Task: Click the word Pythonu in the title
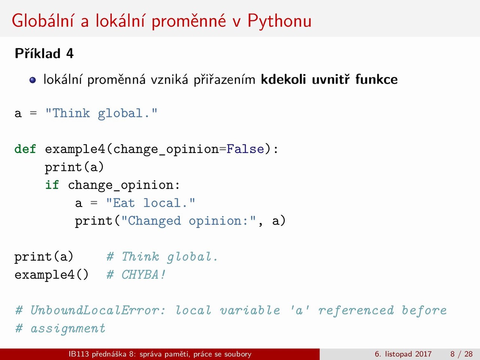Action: click(x=279, y=21)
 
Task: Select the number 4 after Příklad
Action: click(x=70, y=54)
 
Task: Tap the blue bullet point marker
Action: click(x=33, y=80)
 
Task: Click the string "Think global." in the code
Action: click(x=101, y=114)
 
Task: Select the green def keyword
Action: click(x=25, y=149)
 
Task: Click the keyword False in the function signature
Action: click(x=245, y=149)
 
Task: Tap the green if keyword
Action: click(x=52, y=185)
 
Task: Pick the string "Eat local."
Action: click(x=150, y=203)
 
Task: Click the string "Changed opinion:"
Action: click(x=189, y=221)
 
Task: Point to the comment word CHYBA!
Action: click(x=144, y=274)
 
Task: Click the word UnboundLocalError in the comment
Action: click(x=98, y=310)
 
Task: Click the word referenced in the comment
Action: click(x=356, y=310)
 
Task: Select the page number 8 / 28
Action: click(x=461, y=354)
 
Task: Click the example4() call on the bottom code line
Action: click(x=51, y=274)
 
